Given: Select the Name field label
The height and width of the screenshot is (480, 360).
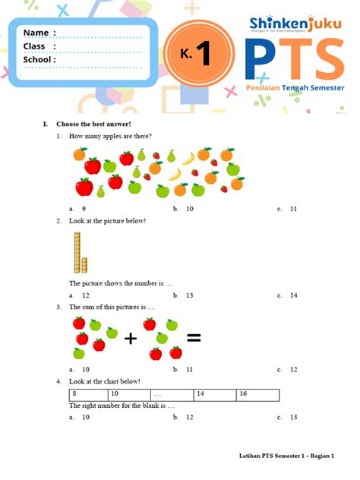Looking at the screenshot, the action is pyautogui.click(x=39, y=33).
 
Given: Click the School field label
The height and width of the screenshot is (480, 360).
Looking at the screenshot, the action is pyautogui.click(x=39, y=60).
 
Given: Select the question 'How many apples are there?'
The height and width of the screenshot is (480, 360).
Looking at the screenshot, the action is pyautogui.click(x=110, y=136).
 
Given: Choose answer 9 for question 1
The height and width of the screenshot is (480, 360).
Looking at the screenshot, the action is pyautogui.click(x=82, y=208).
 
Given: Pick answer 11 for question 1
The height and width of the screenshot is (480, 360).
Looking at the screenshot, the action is pyautogui.click(x=292, y=208).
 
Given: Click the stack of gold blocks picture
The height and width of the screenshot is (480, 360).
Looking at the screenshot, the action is pyautogui.click(x=80, y=253).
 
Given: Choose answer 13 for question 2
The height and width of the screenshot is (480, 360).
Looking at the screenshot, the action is pyautogui.click(x=188, y=295).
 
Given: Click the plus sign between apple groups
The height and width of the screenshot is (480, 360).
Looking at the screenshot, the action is pyautogui.click(x=130, y=339).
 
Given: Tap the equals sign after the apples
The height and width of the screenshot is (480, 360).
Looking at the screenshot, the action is pyautogui.click(x=194, y=338).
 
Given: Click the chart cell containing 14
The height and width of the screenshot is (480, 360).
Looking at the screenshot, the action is pyautogui.click(x=215, y=394).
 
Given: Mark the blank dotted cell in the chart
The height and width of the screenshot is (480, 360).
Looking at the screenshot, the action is pyautogui.click(x=171, y=394).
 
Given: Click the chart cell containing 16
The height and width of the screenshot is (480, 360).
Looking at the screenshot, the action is pyautogui.click(x=258, y=394).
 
